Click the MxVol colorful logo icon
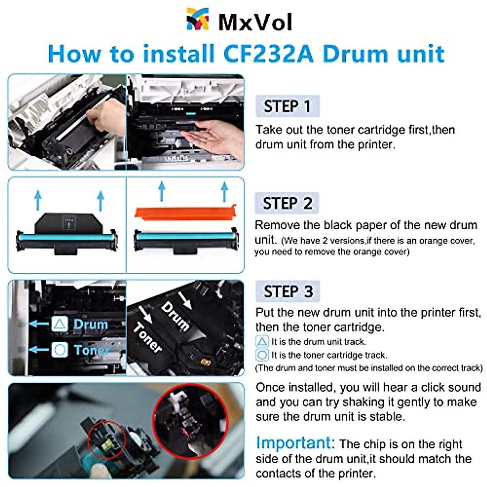point(198,19)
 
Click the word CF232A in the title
point(268,54)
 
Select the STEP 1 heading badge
point(287,106)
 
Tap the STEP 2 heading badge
point(287,203)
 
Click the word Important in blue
point(295,443)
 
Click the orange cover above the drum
point(185,214)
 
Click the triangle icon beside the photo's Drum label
point(60,324)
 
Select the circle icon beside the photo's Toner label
point(60,349)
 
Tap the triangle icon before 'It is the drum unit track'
point(262,342)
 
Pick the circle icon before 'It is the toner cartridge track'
point(262,356)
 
